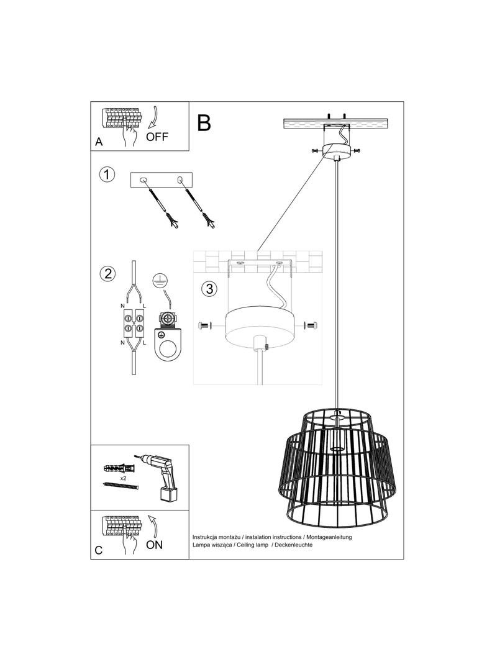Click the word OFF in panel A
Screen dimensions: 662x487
pyautogui.click(x=157, y=137)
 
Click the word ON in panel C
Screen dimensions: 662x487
pyautogui.click(x=154, y=545)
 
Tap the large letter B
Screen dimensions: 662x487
pyautogui.click(x=204, y=123)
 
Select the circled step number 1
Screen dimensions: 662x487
pyautogui.click(x=108, y=175)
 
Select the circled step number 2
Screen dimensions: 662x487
pyautogui.click(x=108, y=273)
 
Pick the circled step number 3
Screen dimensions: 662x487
pyautogui.click(x=209, y=289)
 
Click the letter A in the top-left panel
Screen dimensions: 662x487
pyautogui.click(x=99, y=142)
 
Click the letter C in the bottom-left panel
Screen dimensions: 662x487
pyautogui.click(x=99, y=550)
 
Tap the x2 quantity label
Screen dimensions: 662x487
pyautogui.click(x=124, y=479)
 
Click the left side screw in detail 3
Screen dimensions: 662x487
pyautogui.click(x=205, y=325)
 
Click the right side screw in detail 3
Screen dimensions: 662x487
pyautogui.click(x=311, y=325)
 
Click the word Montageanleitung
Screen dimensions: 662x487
pyautogui.click(x=329, y=536)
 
